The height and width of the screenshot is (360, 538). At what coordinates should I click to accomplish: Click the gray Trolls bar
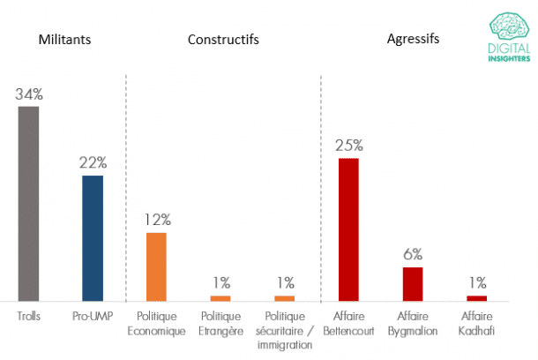[x=28, y=204]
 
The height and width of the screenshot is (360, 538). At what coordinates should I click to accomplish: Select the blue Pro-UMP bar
[x=93, y=238]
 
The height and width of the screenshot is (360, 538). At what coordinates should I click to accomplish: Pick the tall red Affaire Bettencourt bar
[x=348, y=229]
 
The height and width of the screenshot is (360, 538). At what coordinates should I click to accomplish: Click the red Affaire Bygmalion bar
[x=413, y=283]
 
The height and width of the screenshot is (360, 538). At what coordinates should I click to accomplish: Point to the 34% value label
[x=28, y=94]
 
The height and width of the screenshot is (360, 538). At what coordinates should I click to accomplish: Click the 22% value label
[x=93, y=162]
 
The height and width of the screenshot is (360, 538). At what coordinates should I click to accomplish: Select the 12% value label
[x=156, y=219]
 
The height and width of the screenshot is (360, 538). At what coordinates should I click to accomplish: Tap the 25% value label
[x=348, y=145]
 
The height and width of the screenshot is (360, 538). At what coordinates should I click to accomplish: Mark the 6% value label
[x=413, y=253]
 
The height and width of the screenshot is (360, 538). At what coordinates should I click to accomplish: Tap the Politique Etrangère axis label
[x=220, y=324]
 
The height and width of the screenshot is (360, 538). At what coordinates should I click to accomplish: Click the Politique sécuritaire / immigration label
[x=284, y=331]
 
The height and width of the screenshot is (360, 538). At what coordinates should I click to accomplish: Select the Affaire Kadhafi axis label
[x=476, y=324]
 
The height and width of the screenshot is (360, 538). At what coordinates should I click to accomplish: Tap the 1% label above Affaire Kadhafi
[x=476, y=282]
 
